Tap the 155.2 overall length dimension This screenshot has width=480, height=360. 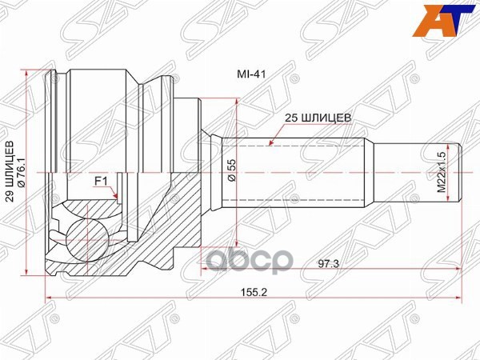252,293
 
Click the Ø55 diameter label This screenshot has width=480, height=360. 232,170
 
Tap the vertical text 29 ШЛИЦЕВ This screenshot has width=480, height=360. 10,173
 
